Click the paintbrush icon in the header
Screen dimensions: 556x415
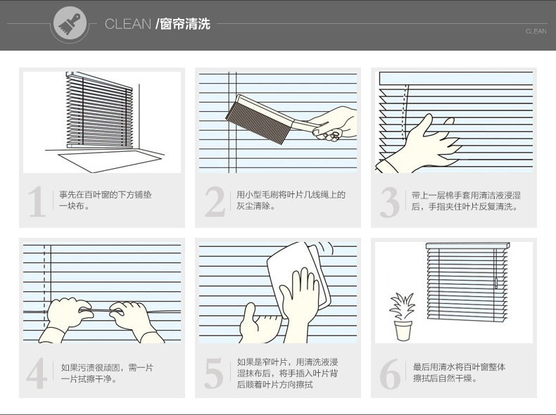(x=70, y=23)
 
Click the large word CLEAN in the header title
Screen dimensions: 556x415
(x=128, y=24)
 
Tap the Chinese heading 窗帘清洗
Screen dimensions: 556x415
(x=184, y=24)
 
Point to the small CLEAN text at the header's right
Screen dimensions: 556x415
(x=536, y=32)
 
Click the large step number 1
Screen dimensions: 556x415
(x=37, y=201)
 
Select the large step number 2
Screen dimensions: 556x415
(x=215, y=201)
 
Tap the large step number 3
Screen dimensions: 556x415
(x=390, y=202)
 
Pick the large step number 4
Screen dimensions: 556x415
(x=37, y=373)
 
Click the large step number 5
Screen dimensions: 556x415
(x=214, y=373)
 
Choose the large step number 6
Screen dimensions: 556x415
(x=390, y=374)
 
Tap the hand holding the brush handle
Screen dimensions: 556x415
(x=334, y=122)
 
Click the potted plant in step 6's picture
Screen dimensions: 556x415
(x=403, y=316)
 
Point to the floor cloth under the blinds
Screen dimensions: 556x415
(x=110, y=160)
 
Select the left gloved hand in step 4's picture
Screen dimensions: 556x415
(x=65, y=317)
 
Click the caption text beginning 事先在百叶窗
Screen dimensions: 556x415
(x=106, y=200)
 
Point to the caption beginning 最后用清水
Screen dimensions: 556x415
(x=459, y=373)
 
